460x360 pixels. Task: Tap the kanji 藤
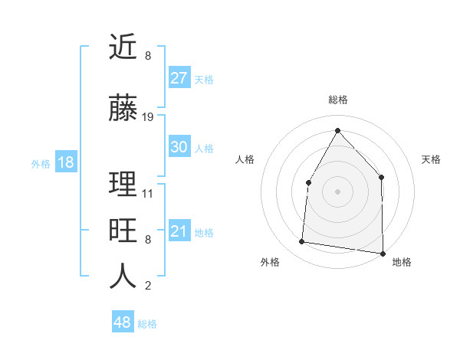click(x=123, y=109)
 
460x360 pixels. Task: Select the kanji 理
click(x=123, y=185)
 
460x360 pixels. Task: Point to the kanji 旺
click(x=123, y=231)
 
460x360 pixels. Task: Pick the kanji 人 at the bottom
click(x=123, y=277)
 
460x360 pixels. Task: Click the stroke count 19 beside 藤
click(x=148, y=117)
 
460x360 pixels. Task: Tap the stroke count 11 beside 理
click(x=148, y=193)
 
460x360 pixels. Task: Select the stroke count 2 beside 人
click(x=148, y=286)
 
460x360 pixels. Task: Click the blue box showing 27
click(x=179, y=78)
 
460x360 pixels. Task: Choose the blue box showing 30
click(x=179, y=147)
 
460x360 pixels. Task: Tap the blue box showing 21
click(x=179, y=231)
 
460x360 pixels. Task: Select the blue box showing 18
click(x=65, y=162)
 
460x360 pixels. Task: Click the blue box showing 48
click(x=122, y=322)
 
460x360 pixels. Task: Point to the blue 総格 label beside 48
click(x=147, y=324)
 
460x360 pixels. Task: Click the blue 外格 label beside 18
click(x=41, y=163)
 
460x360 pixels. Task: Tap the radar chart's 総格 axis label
click(x=338, y=100)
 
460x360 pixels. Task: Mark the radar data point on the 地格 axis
click(x=383, y=253)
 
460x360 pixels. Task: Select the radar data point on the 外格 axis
click(x=302, y=242)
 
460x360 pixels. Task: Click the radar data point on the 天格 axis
click(x=381, y=177)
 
